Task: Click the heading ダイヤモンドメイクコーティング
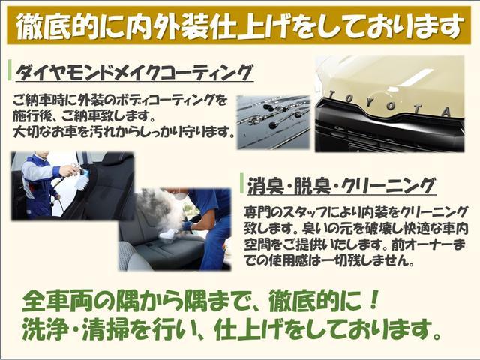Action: pos(134,73)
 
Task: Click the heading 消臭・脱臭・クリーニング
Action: pos(341,187)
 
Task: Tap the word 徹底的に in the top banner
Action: pos(70,25)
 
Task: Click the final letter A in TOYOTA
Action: pos(446,112)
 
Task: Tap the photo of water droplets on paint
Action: pos(274,122)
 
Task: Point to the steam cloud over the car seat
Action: pos(159,214)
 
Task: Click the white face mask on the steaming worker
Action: pos(181,195)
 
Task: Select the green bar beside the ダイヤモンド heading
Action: pos(10,70)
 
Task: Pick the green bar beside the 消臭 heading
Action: pos(241,183)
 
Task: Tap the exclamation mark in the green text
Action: pos(373,300)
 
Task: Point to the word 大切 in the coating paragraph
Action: pos(25,132)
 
